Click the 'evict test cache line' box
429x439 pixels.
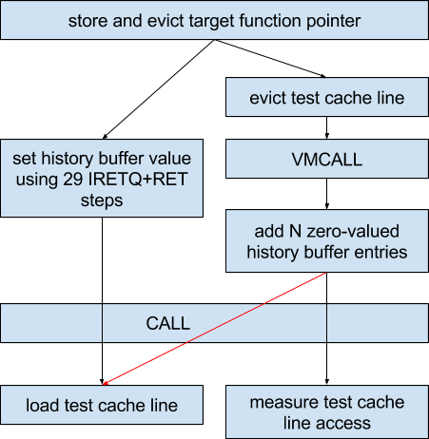click(327, 97)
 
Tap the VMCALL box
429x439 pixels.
click(327, 159)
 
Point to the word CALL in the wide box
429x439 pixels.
click(168, 323)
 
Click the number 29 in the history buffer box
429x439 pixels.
click(72, 180)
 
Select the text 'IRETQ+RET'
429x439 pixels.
click(138, 180)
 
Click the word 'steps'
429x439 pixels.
click(102, 200)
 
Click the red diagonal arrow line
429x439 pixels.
click(215, 329)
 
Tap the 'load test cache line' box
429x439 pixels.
click(102, 405)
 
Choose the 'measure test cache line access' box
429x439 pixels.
click(327, 411)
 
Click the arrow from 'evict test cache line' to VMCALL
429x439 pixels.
click(326, 127)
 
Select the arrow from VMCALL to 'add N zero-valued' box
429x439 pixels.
click(326, 194)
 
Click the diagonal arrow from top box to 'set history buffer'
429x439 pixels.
click(159, 89)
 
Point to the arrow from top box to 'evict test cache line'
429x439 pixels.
click(270, 59)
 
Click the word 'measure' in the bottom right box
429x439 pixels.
click(282, 402)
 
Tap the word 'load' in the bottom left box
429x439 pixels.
click(43, 405)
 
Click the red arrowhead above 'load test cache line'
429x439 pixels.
click(106, 383)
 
